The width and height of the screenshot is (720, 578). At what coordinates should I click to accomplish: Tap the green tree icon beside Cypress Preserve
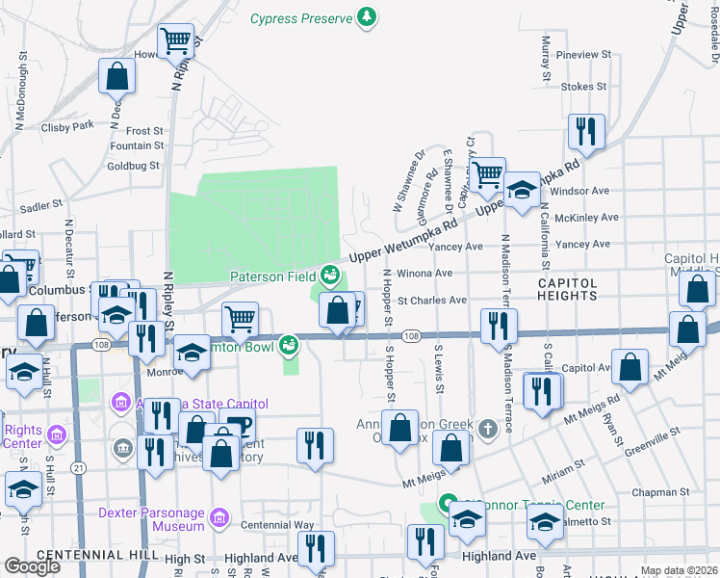click(x=366, y=16)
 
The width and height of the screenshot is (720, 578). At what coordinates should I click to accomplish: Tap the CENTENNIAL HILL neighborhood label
click(x=92, y=556)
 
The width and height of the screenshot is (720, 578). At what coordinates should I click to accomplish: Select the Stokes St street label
click(x=583, y=87)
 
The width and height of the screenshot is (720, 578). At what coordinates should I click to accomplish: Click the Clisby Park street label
click(x=67, y=126)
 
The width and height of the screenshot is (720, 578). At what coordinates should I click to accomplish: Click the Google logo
click(x=32, y=566)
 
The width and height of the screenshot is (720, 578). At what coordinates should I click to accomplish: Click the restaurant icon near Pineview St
click(x=585, y=131)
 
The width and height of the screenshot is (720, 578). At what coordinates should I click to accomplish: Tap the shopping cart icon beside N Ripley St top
click(x=176, y=41)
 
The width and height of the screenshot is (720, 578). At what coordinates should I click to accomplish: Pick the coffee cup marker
click(x=237, y=425)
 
